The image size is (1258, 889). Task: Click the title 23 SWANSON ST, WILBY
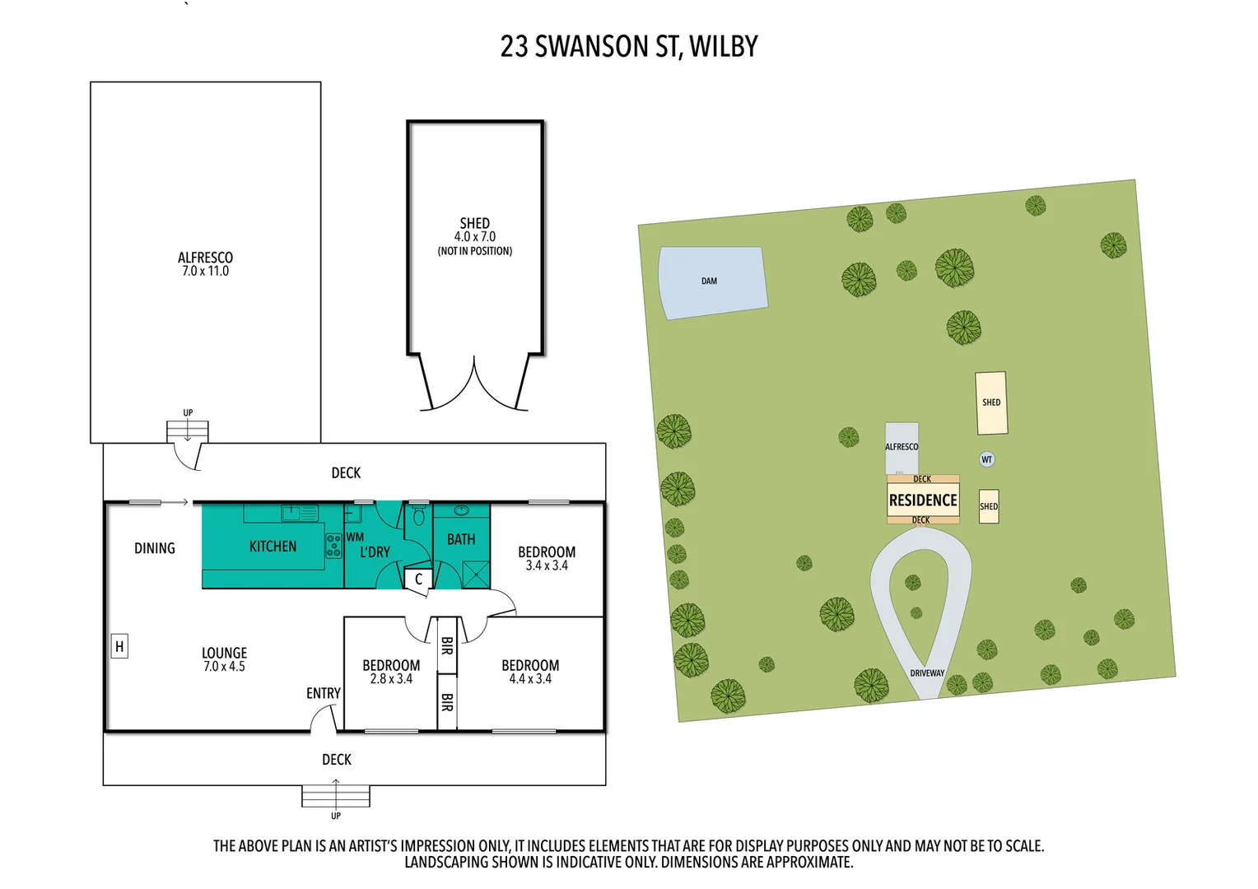(628, 47)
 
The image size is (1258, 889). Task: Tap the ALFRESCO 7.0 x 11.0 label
(205, 264)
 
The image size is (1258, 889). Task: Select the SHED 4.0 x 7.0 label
(474, 235)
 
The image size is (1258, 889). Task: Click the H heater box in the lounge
(119, 647)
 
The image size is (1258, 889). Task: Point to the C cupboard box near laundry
(418, 579)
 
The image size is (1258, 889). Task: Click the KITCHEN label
(273, 547)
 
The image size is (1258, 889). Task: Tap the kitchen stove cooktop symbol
(333, 546)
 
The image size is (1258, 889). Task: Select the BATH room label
(461, 539)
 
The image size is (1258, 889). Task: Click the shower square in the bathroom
(475, 573)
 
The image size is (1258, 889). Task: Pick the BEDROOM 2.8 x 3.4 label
(391, 672)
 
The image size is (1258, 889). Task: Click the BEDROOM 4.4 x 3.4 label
(530, 672)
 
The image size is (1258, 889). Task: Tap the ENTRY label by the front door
(323, 694)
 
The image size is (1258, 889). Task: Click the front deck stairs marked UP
(336, 797)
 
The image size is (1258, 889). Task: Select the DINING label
(155, 548)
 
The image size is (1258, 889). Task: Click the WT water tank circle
(986, 459)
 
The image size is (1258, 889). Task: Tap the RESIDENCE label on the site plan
(923, 500)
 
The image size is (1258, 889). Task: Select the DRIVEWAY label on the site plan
(927, 673)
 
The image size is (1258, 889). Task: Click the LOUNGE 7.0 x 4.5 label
(224, 659)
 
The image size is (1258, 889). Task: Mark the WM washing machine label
(355, 537)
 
